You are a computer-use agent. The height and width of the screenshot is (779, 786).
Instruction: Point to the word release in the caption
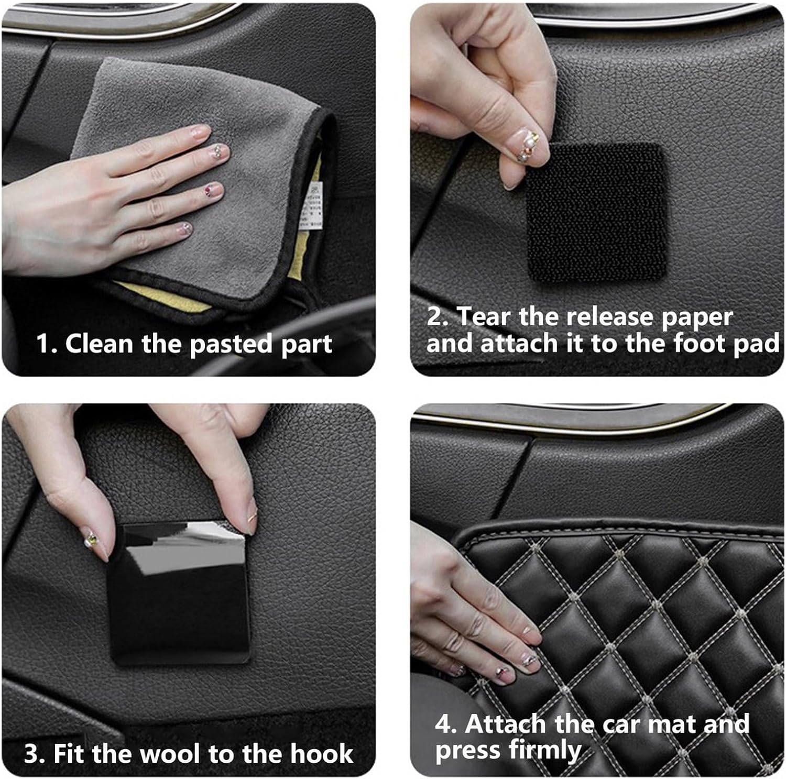point(608,317)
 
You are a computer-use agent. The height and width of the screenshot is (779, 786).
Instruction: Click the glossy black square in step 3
point(178,592)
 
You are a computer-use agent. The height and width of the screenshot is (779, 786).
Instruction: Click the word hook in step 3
point(322,754)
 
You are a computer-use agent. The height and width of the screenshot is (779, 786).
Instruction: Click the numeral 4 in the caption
point(443,725)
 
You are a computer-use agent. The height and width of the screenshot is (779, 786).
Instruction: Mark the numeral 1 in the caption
point(43,344)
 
